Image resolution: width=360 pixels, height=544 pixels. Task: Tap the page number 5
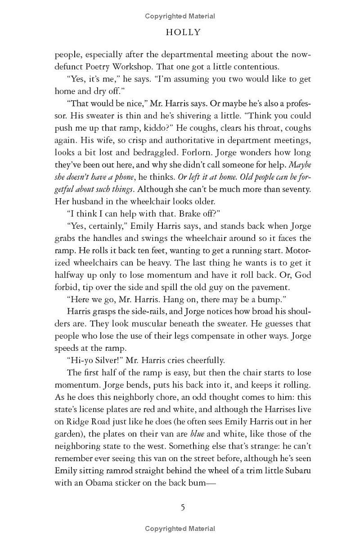183,508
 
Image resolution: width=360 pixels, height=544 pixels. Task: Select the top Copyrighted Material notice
180,16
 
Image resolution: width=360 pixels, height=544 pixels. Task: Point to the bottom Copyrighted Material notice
180,529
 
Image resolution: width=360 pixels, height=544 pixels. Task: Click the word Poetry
106,67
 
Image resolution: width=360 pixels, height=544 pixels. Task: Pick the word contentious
256,67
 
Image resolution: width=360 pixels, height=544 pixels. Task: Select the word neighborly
127,397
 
